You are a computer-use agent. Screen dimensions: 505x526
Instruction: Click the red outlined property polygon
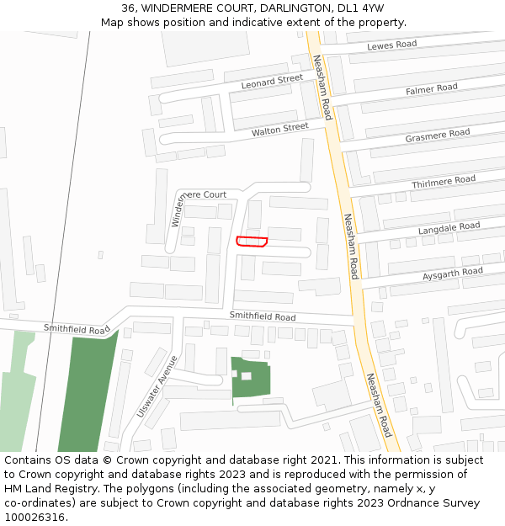(x=252, y=242)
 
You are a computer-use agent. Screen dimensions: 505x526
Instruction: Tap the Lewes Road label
(x=392, y=45)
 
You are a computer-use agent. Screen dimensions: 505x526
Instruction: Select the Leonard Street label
(x=271, y=82)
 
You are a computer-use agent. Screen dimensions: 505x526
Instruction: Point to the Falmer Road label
(x=431, y=88)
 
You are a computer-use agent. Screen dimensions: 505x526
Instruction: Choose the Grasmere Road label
(x=437, y=135)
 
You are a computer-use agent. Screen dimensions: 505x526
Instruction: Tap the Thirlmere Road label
(x=443, y=181)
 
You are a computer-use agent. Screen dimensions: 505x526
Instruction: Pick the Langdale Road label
(x=449, y=227)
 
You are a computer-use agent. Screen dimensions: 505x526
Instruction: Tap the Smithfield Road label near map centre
(x=263, y=316)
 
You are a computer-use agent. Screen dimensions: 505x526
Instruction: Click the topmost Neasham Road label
(x=322, y=88)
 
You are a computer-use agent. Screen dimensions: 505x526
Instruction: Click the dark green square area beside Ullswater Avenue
(x=251, y=377)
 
